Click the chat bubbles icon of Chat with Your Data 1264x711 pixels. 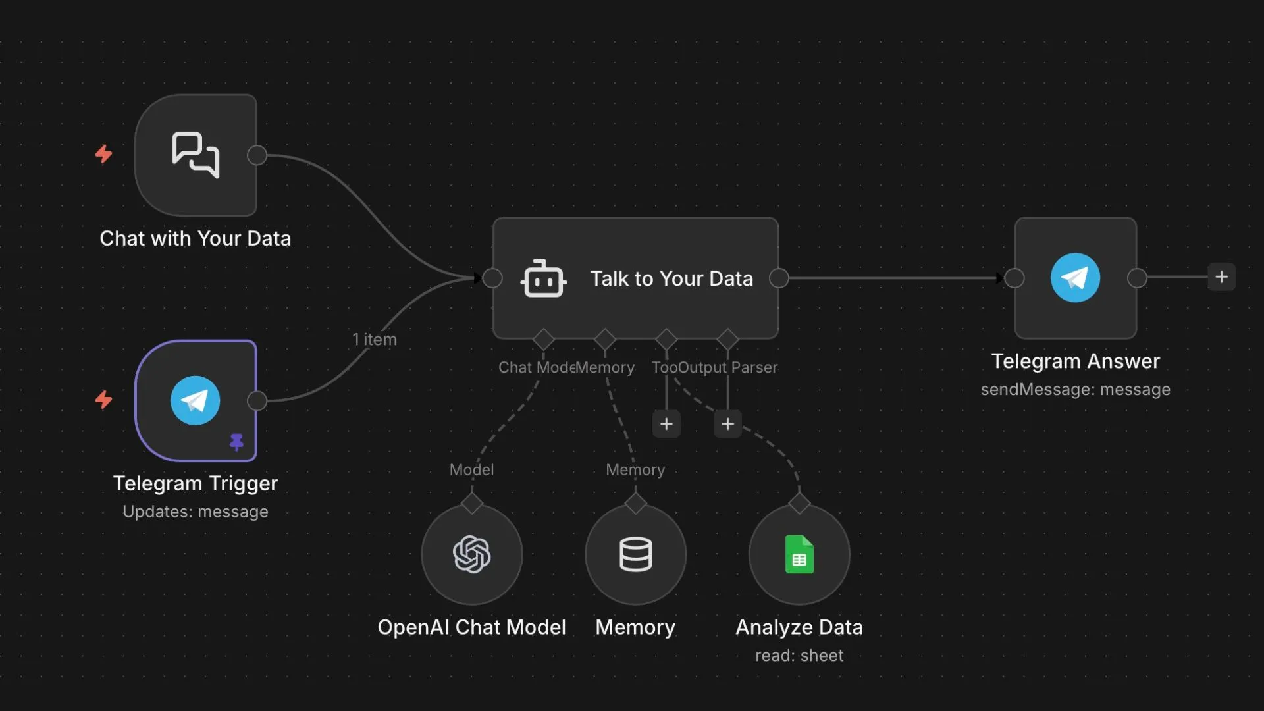click(x=196, y=155)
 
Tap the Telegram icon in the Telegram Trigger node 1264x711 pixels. click(x=196, y=400)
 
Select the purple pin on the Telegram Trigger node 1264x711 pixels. click(x=236, y=441)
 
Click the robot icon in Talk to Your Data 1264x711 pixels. click(x=543, y=279)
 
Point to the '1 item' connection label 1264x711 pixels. click(x=375, y=340)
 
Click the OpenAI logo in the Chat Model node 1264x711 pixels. click(x=472, y=554)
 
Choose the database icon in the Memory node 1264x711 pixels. click(x=635, y=554)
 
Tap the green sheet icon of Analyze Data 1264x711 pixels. click(x=799, y=554)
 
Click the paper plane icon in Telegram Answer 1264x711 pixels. click(x=1075, y=278)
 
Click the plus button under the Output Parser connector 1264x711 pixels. click(x=727, y=424)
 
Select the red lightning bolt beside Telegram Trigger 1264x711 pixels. click(x=103, y=400)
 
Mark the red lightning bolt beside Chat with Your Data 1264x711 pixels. click(x=103, y=154)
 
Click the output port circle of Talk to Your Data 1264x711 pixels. click(x=779, y=278)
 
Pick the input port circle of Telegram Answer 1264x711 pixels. click(x=1014, y=278)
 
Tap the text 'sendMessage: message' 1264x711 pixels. click(x=1075, y=390)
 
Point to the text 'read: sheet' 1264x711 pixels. click(x=799, y=656)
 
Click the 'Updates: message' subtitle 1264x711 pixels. click(x=196, y=512)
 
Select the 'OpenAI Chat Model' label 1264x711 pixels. click(x=471, y=627)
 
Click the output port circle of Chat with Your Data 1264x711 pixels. click(x=257, y=155)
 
